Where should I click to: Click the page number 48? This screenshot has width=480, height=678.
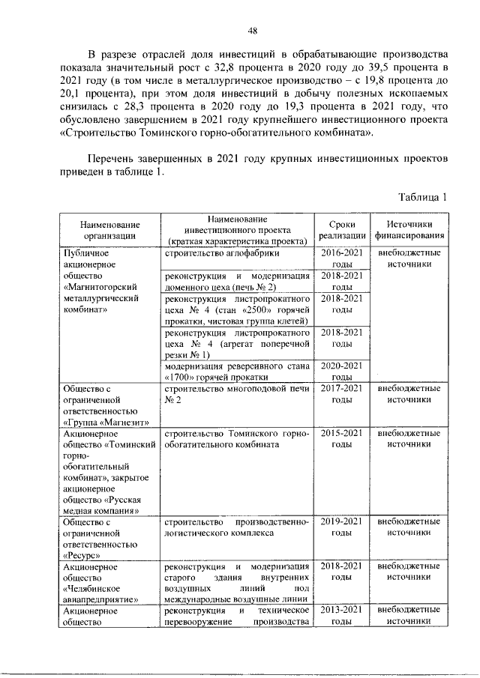coord(252,30)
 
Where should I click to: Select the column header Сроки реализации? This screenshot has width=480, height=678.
coord(342,229)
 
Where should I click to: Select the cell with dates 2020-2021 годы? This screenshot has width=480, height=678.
coord(342,371)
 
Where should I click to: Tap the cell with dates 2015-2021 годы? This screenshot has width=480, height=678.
coord(342,438)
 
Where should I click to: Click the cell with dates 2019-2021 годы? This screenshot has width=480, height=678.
coord(342,526)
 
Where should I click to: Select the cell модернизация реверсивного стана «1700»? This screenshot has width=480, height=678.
coord(236,371)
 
